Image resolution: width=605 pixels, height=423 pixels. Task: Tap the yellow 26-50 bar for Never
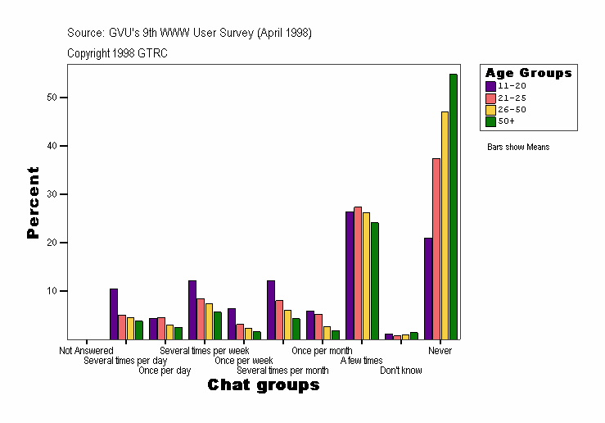click(445, 225)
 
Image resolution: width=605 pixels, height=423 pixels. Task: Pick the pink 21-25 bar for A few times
click(358, 273)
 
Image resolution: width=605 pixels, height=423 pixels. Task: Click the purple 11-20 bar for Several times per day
click(114, 314)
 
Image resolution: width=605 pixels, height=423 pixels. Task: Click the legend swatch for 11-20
click(490, 86)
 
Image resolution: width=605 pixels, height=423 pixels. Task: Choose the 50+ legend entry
click(507, 121)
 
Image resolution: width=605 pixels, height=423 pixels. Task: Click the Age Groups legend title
click(528, 73)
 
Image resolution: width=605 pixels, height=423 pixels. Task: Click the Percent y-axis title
click(33, 202)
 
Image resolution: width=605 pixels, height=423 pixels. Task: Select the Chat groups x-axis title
click(263, 385)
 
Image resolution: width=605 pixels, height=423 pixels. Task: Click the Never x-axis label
click(440, 351)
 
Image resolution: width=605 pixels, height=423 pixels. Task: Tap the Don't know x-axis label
click(401, 371)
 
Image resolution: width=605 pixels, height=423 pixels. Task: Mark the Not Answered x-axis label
click(86, 351)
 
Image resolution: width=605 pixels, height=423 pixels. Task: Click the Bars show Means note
click(518, 148)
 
